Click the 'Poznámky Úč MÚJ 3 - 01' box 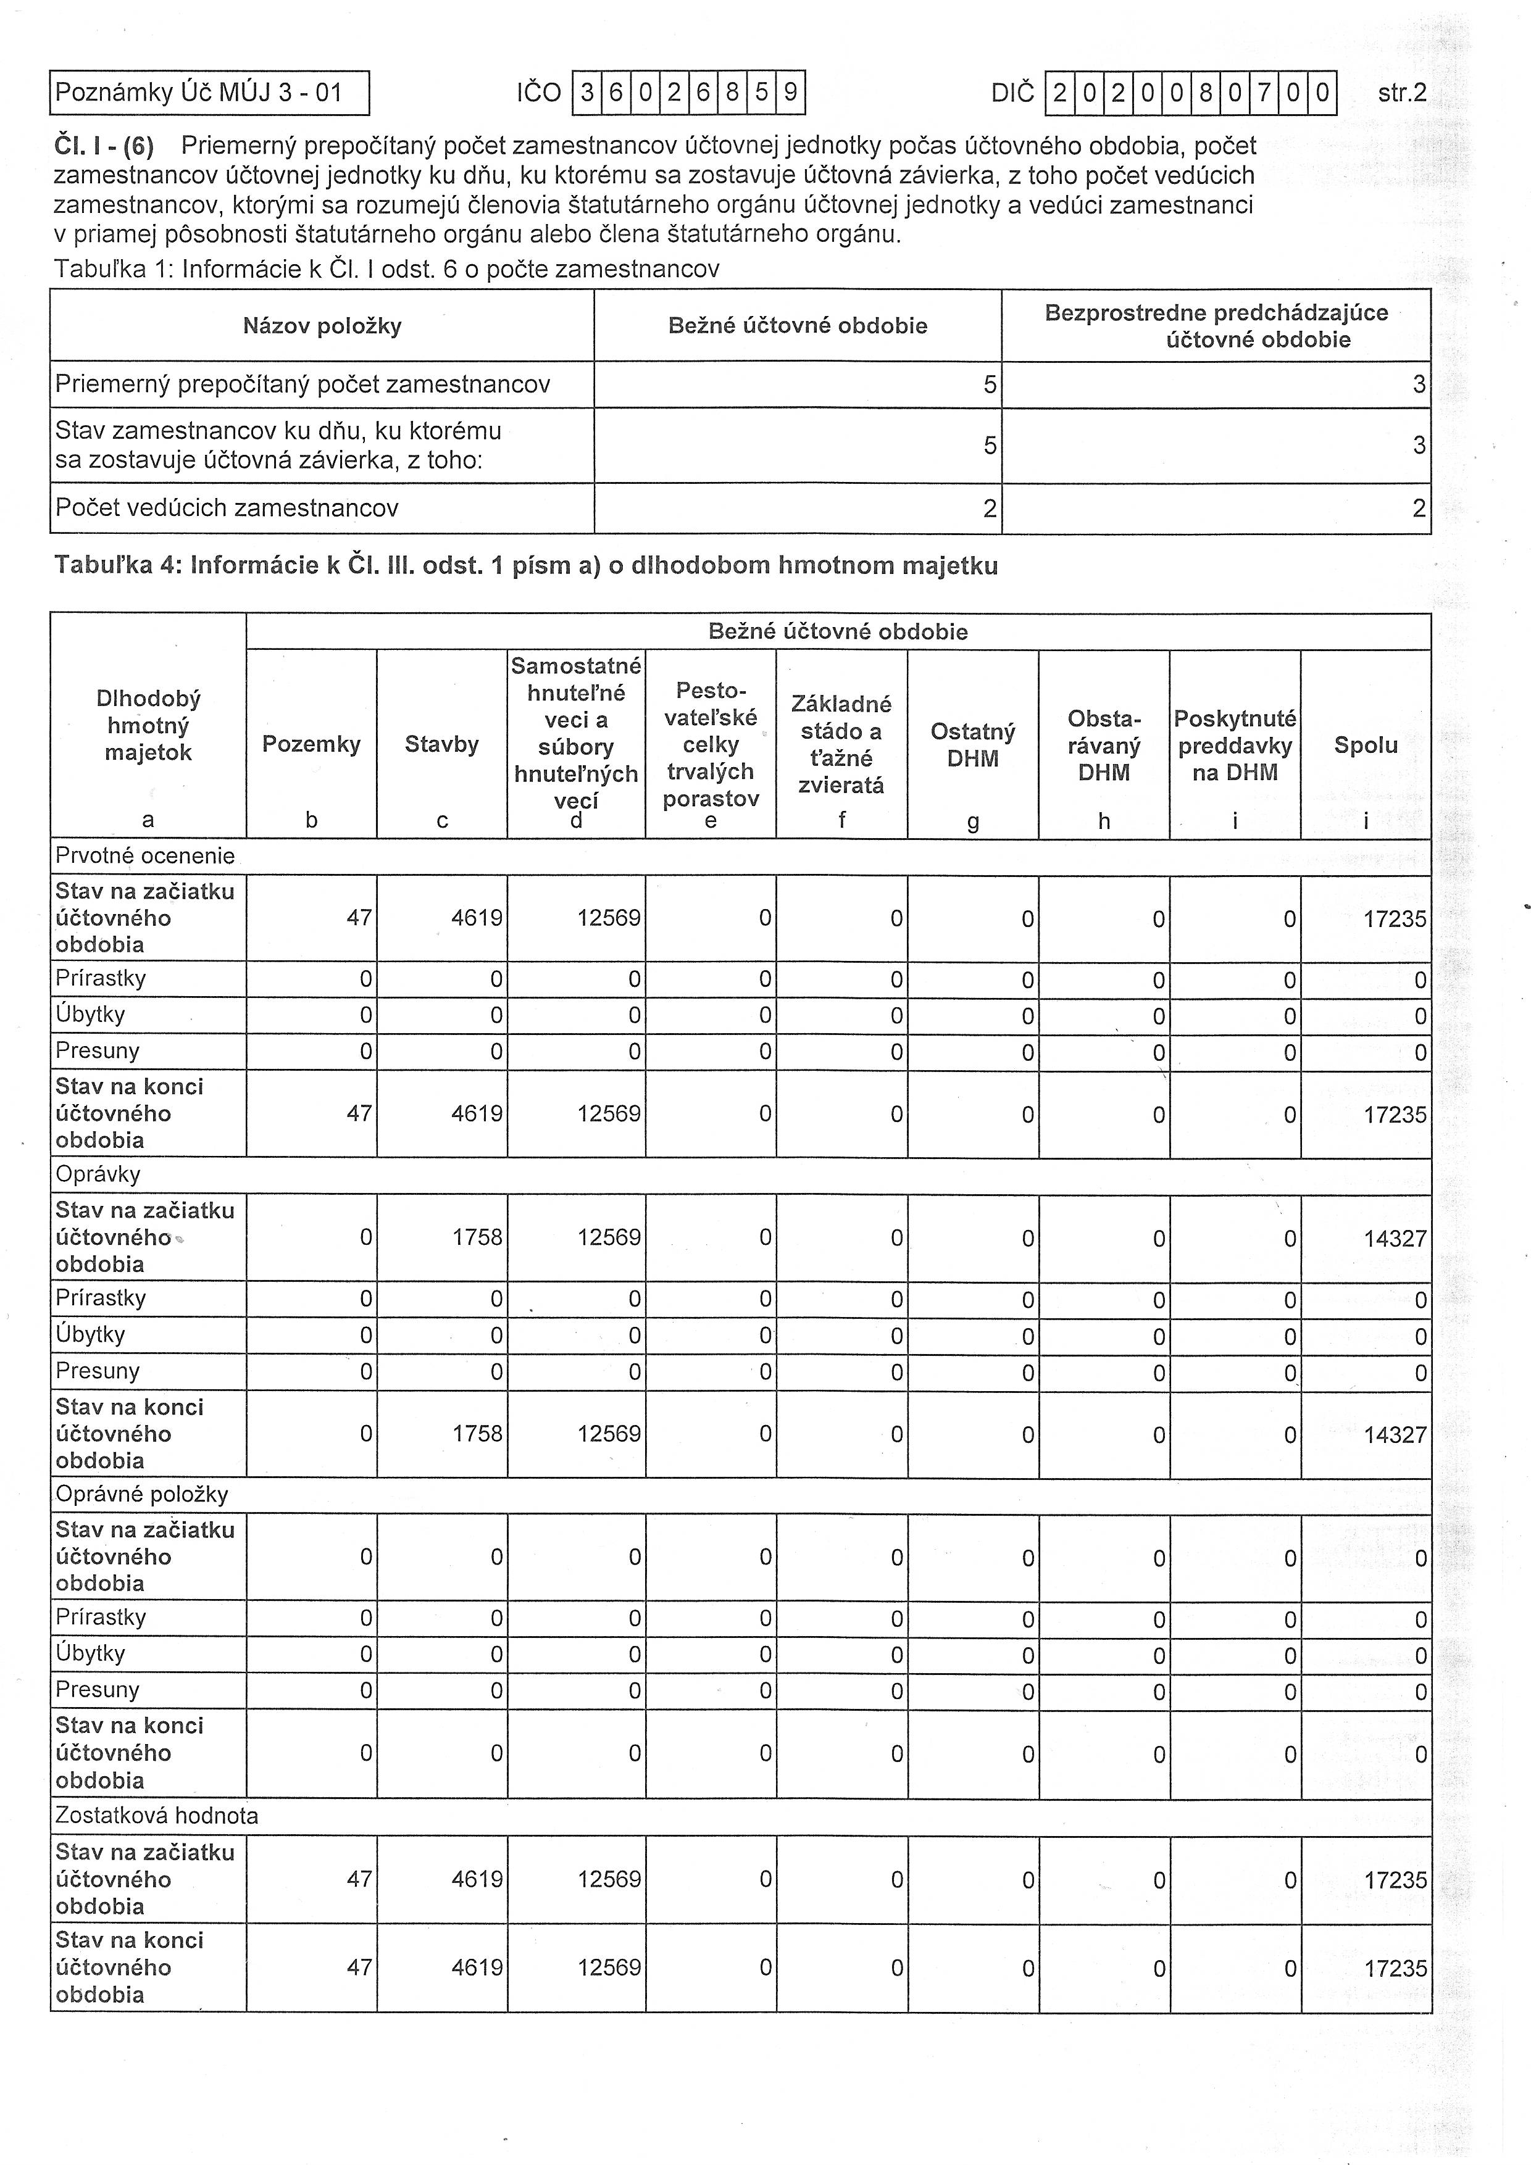click(209, 93)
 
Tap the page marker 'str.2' click(1402, 93)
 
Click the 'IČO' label click(539, 93)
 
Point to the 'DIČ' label click(1012, 93)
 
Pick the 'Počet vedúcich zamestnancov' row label click(227, 509)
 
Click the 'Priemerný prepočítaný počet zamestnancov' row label click(302, 384)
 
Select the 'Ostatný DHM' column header click(972, 745)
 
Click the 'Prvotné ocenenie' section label click(145, 856)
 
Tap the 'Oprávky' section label click(98, 1175)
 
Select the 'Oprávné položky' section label click(141, 1495)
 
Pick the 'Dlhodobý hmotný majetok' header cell click(148, 725)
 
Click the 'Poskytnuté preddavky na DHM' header click(1235, 745)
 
